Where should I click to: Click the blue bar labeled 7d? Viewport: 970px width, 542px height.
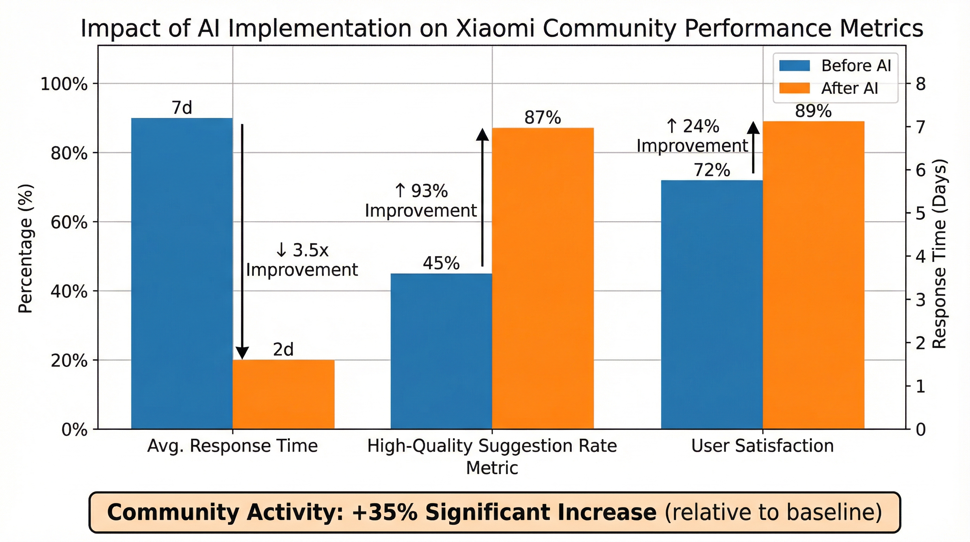[x=182, y=273]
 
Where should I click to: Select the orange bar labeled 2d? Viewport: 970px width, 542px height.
[x=283, y=394]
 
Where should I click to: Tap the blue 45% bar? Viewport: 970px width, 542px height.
[x=441, y=351]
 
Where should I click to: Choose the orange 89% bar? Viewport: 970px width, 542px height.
[x=814, y=275]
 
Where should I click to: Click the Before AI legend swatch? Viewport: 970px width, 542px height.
[x=794, y=66]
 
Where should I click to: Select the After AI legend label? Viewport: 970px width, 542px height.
[x=849, y=88]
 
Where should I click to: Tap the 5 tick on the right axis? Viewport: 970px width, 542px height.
[x=921, y=213]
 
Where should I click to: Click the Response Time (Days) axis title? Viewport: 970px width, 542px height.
[x=939, y=253]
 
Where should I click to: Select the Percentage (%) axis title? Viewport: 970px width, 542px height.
[x=26, y=249]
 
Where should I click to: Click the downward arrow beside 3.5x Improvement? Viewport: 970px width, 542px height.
[x=242, y=241]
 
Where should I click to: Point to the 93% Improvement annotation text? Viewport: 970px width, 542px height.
[x=420, y=200]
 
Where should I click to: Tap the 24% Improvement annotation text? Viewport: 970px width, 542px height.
[x=692, y=136]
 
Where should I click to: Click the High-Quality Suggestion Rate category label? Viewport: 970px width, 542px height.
[x=492, y=446]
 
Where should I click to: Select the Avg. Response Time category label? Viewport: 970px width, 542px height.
[x=232, y=446]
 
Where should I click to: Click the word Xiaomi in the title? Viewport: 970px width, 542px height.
[x=495, y=28]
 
